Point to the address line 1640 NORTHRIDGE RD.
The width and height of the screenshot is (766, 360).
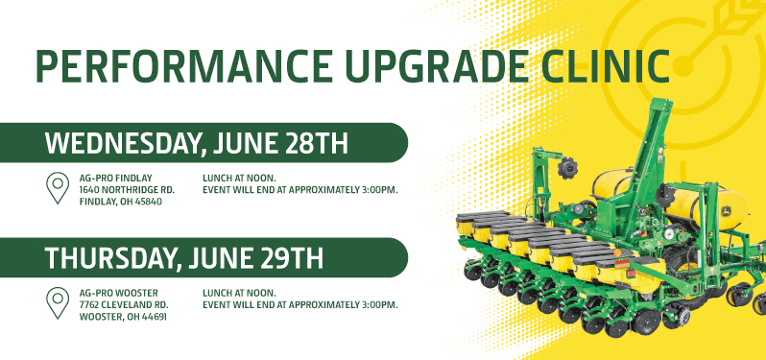click(126, 190)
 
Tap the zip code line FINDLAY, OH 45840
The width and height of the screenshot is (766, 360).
click(121, 203)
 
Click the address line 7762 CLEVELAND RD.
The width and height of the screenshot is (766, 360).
click(124, 304)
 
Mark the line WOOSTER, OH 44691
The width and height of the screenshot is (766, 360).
click(122, 317)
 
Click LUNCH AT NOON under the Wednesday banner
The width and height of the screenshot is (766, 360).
click(239, 178)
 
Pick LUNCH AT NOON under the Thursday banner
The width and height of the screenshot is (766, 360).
click(239, 292)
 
